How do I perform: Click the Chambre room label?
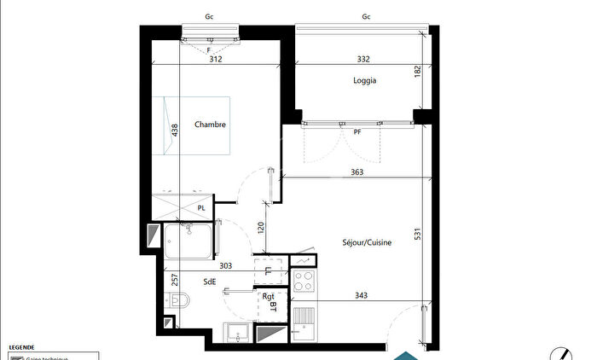click(x=210, y=125)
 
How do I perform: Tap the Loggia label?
click(x=365, y=81)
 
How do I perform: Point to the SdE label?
click(x=209, y=282)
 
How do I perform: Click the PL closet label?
click(x=201, y=208)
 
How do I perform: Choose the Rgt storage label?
click(x=267, y=296)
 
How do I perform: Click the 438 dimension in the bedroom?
click(x=175, y=131)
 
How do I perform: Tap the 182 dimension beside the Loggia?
click(x=417, y=73)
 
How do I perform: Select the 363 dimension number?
click(x=356, y=172)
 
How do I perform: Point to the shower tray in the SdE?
click(x=188, y=241)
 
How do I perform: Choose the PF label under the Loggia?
click(x=357, y=132)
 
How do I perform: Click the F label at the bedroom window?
click(x=209, y=49)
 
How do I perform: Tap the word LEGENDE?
click(x=21, y=348)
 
